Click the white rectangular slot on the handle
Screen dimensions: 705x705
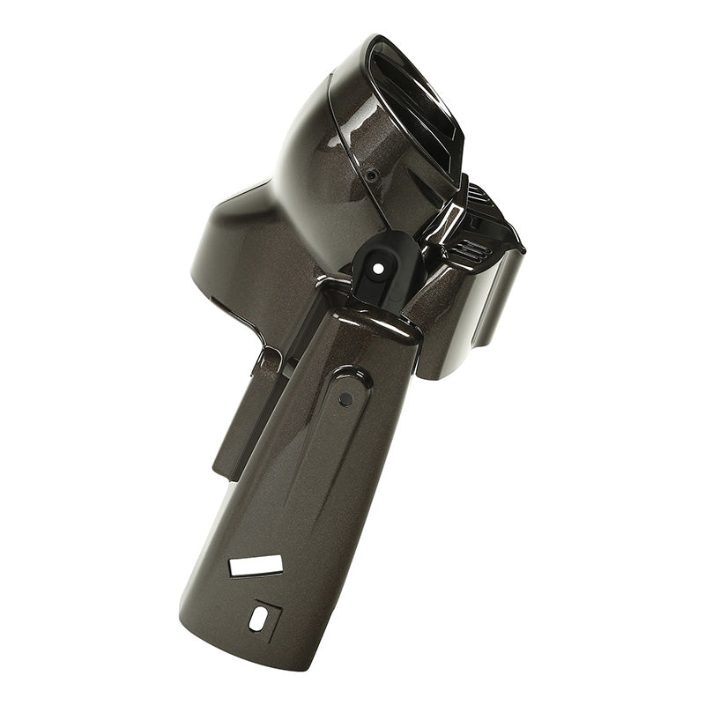pyautogui.click(x=256, y=566)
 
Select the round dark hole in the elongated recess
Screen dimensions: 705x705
pyautogui.click(x=345, y=399)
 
